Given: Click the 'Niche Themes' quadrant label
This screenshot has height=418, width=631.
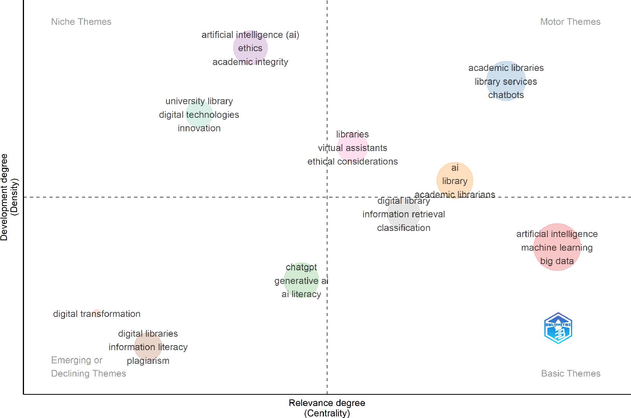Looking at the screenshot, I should (x=81, y=22).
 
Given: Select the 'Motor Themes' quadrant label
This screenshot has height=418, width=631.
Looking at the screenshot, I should (x=570, y=22).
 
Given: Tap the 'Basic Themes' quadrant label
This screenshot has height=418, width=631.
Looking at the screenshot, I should (x=570, y=373).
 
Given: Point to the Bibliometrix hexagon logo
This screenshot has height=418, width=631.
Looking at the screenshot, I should (x=558, y=329).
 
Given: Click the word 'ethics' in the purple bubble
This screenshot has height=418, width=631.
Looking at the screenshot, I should (x=250, y=48).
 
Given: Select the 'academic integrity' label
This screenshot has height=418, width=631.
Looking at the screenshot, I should (x=250, y=62).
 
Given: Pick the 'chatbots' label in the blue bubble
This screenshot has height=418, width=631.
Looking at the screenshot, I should (x=506, y=95).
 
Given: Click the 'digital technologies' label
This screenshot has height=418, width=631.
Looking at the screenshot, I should (x=199, y=115).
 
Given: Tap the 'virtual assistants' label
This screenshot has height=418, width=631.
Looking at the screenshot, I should (x=352, y=148).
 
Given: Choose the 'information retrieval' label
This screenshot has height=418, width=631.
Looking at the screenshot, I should (x=403, y=214).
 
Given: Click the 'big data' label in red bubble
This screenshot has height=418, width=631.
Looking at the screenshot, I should (x=557, y=261).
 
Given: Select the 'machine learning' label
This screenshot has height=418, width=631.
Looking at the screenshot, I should (x=557, y=248).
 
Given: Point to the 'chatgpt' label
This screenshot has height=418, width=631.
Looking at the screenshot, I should (x=301, y=267).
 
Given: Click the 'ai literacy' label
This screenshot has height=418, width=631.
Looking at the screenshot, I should (x=301, y=294).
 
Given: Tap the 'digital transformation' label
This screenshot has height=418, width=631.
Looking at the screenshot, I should (x=97, y=314).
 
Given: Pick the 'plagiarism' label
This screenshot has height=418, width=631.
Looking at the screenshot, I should (x=148, y=361).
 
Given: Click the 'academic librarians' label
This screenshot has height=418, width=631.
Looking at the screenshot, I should (x=454, y=194).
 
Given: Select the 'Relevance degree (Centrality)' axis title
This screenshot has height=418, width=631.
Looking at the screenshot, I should (x=327, y=408).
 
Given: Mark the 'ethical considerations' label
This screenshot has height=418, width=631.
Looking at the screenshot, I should (x=352, y=162).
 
